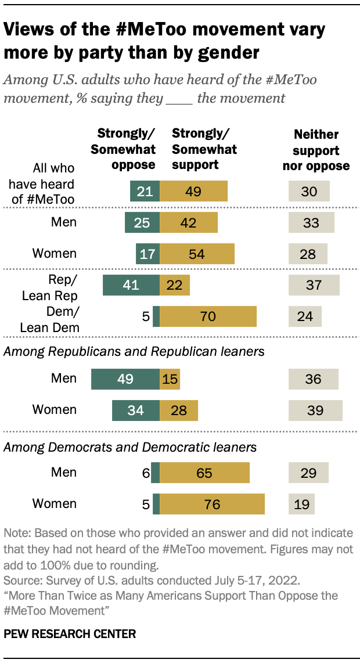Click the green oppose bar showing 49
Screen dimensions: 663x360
[x=125, y=379]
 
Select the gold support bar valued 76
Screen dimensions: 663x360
[x=212, y=504]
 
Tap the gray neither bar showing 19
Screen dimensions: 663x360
[x=301, y=504]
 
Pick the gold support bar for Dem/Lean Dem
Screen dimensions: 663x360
[x=208, y=316]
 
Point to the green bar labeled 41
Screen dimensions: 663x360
[x=131, y=285]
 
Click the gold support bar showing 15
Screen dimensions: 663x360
[x=170, y=379]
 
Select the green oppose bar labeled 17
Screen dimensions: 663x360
[x=147, y=254]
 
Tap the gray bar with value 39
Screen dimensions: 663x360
[x=315, y=409]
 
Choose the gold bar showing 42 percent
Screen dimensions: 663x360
[x=189, y=222]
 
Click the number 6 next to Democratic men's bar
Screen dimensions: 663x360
[x=146, y=473]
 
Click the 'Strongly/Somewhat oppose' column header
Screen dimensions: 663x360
[x=123, y=149]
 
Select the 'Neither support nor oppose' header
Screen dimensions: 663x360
[x=316, y=150]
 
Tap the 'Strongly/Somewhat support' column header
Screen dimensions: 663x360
[x=204, y=149]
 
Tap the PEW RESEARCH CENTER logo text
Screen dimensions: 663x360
[x=70, y=634]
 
